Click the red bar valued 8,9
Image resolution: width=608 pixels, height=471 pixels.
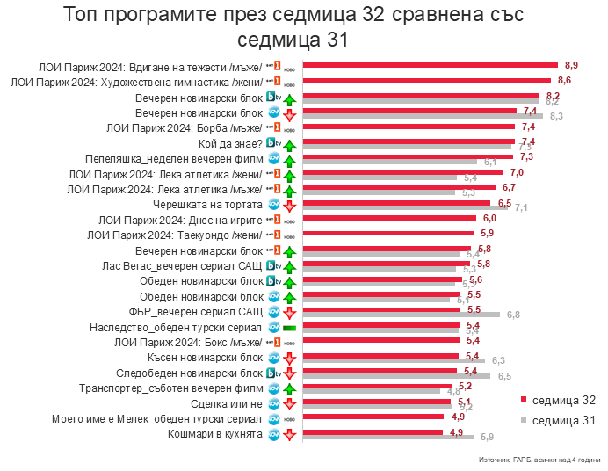tap(431, 64)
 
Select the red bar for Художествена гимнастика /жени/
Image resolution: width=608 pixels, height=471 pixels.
tap(426, 80)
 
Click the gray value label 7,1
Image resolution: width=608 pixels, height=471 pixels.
tap(521, 207)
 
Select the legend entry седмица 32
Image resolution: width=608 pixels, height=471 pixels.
tap(563, 400)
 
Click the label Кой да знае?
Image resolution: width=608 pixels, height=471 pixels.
tap(230, 142)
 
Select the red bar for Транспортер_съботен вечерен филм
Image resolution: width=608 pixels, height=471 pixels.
tap(378, 386)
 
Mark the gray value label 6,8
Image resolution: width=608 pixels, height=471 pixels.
tap(513, 315)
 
